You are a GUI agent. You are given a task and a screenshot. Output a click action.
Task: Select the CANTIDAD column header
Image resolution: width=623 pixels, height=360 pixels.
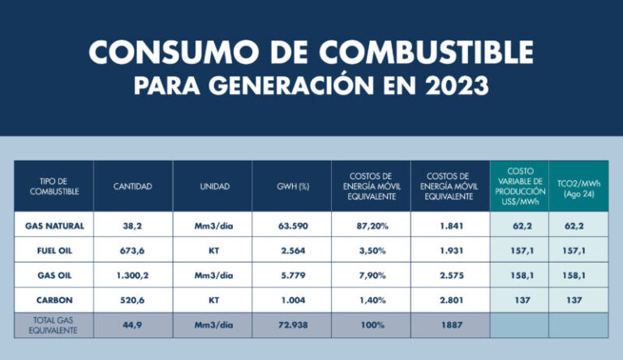(133, 186)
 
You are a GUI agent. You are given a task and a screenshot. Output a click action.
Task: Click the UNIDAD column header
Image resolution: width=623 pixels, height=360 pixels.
(214, 186)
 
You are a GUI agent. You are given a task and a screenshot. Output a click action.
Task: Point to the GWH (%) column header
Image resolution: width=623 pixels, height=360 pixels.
(292, 186)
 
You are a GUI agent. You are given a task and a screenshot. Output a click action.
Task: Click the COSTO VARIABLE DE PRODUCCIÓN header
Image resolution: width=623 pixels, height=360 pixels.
(519, 186)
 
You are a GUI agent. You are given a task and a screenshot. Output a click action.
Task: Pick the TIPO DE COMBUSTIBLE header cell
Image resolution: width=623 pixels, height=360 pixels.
(55, 186)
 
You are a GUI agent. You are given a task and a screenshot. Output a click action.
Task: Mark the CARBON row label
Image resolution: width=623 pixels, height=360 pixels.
(55, 299)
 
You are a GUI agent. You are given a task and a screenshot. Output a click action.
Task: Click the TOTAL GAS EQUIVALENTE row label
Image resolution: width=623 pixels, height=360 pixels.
(55, 324)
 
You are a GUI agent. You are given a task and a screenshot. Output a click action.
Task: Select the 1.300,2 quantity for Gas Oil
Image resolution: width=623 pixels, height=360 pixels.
(133, 276)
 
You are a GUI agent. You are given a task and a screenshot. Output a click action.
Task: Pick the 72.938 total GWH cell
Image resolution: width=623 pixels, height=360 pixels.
(292, 324)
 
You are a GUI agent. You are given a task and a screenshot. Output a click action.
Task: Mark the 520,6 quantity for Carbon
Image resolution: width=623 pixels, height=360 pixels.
(133, 299)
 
